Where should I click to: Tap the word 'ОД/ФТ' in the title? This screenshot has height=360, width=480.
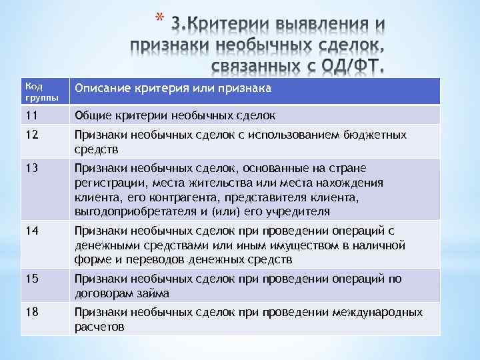point(353,67)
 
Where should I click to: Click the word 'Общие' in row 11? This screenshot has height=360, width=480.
point(91,115)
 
